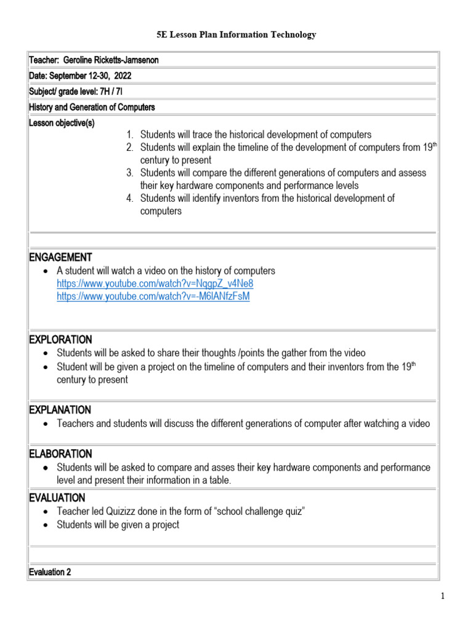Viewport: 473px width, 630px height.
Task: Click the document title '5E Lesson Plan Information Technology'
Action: click(x=236, y=35)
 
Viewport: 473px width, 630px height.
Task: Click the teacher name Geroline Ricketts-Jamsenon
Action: click(x=115, y=60)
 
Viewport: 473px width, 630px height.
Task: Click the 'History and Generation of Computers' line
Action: click(x=92, y=107)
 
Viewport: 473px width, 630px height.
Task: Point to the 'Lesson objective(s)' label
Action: click(x=62, y=123)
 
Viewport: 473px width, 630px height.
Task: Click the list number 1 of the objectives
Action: click(x=129, y=135)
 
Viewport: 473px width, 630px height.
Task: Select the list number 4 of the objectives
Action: click(x=129, y=198)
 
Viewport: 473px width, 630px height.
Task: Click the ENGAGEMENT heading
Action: click(x=60, y=257)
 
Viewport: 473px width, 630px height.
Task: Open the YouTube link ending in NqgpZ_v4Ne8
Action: click(x=155, y=284)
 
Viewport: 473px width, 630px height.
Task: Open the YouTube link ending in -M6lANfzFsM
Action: click(x=153, y=297)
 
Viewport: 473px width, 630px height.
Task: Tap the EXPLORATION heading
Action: click(x=60, y=340)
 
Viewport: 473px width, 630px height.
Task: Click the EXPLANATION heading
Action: click(x=60, y=410)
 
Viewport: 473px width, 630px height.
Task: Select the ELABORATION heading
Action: click(x=60, y=454)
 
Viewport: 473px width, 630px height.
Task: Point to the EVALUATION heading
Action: click(x=57, y=498)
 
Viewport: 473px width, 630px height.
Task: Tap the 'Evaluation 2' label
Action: click(x=50, y=572)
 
